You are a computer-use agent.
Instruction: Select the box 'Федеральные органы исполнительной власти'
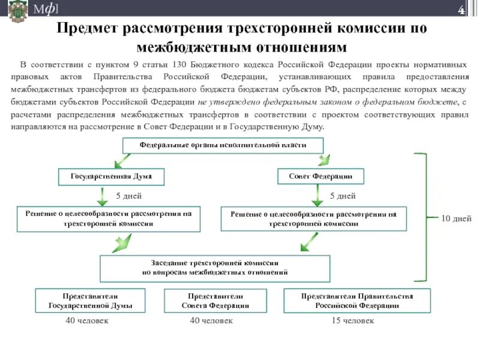(x=223, y=146)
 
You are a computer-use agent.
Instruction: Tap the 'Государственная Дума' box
(x=111, y=176)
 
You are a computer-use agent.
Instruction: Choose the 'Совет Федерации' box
(x=322, y=176)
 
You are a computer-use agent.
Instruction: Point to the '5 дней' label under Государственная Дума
(x=128, y=196)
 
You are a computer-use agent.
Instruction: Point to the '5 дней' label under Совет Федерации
(x=343, y=196)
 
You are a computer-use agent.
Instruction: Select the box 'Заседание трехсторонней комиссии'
(x=215, y=268)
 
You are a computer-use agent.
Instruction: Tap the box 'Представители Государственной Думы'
(x=90, y=301)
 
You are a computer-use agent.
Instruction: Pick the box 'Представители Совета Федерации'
(x=215, y=301)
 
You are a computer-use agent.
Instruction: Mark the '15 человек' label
(x=353, y=321)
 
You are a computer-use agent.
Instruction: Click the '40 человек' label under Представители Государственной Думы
(x=87, y=321)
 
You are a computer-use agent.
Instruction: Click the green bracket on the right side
(x=424, y=217)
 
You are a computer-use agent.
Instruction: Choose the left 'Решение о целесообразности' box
(x=108, y=218)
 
